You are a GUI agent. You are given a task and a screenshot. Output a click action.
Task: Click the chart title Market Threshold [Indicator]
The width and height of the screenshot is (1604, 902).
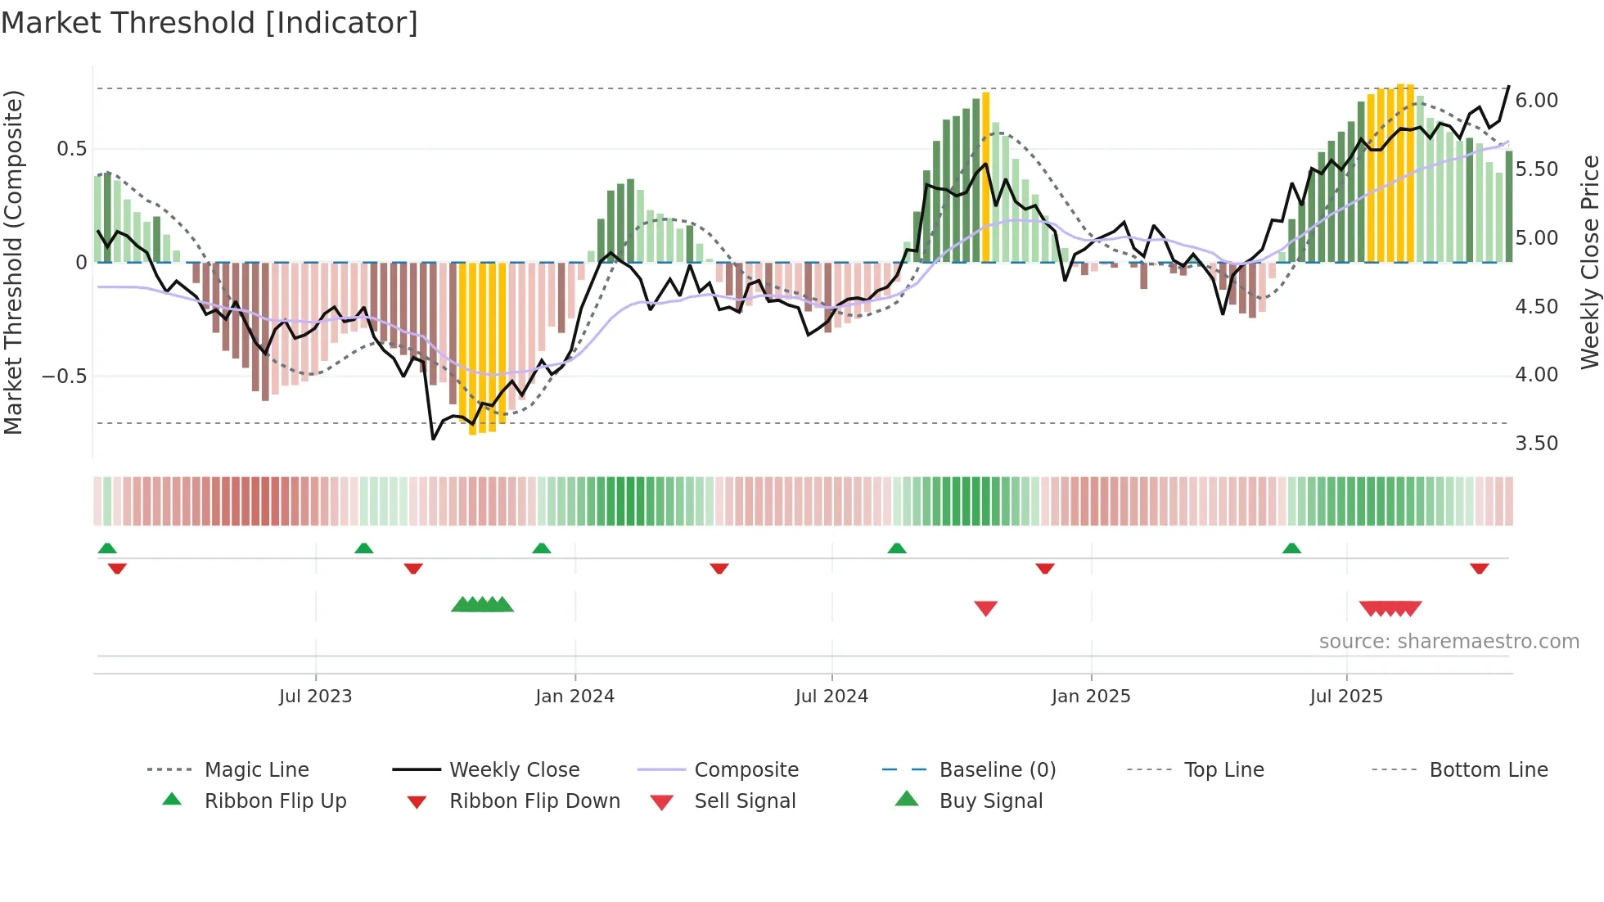pyautogui.click(x=210, y=23)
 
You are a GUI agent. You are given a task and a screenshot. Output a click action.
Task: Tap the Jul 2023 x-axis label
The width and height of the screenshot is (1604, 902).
pyautogui.click(x=315, y=697)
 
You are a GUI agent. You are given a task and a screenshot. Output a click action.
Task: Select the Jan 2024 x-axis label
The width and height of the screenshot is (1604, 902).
pyautogui.click(x=574, y=697)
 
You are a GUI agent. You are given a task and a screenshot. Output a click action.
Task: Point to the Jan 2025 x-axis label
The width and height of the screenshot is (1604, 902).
pyautogui.click(x=1090, y=697)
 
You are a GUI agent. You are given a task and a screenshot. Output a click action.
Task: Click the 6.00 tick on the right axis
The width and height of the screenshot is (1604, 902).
pyautogui.click(x=1536, y=101)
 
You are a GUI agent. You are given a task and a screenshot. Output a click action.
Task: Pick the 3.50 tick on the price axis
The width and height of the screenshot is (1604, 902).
pyautogui.click(x=1536, y=444)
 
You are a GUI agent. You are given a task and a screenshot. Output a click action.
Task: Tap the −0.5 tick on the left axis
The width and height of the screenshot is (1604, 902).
pyautogui.click(x=65, y=377)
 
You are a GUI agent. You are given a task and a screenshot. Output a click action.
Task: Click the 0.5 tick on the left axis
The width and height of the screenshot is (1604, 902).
pyautogui.click(x=71, y=149)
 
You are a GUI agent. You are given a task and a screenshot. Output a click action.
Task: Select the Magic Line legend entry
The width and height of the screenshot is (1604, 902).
pyautogui.click(x=256, y=770)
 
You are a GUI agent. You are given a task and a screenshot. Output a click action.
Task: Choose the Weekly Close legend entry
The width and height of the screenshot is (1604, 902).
pyautogui.click(x=514, y=770)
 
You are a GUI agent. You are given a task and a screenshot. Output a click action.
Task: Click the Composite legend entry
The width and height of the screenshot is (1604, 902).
pyautogui.click(x=746, y=770)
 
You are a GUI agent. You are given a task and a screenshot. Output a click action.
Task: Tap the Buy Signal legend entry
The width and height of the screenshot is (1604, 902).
pyautogui.click(x=990, y=801)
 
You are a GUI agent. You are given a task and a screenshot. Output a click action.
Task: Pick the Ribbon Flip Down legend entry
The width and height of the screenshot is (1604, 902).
pyautogui.click(x=534, y=801)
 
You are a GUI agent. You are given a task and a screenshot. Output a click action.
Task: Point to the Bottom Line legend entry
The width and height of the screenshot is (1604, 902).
pyautogui.click(x=1488, y=770)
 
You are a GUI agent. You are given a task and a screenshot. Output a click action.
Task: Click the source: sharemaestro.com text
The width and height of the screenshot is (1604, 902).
pyautogui.click(x=1449, y=642)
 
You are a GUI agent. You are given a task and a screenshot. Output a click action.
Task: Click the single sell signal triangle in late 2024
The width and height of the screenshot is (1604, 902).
pyautogui.click(x=985, y=607)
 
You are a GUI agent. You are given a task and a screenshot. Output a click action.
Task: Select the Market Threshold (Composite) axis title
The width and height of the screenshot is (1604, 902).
pyautogui.click(x=13, y=262)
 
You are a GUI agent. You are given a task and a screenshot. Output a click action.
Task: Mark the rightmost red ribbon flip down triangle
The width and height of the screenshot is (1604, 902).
pyautogui.click(x=1479, y=568)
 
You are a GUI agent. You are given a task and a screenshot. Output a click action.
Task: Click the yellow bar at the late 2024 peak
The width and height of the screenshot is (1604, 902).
pyautogui.click(x=985, y=176)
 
